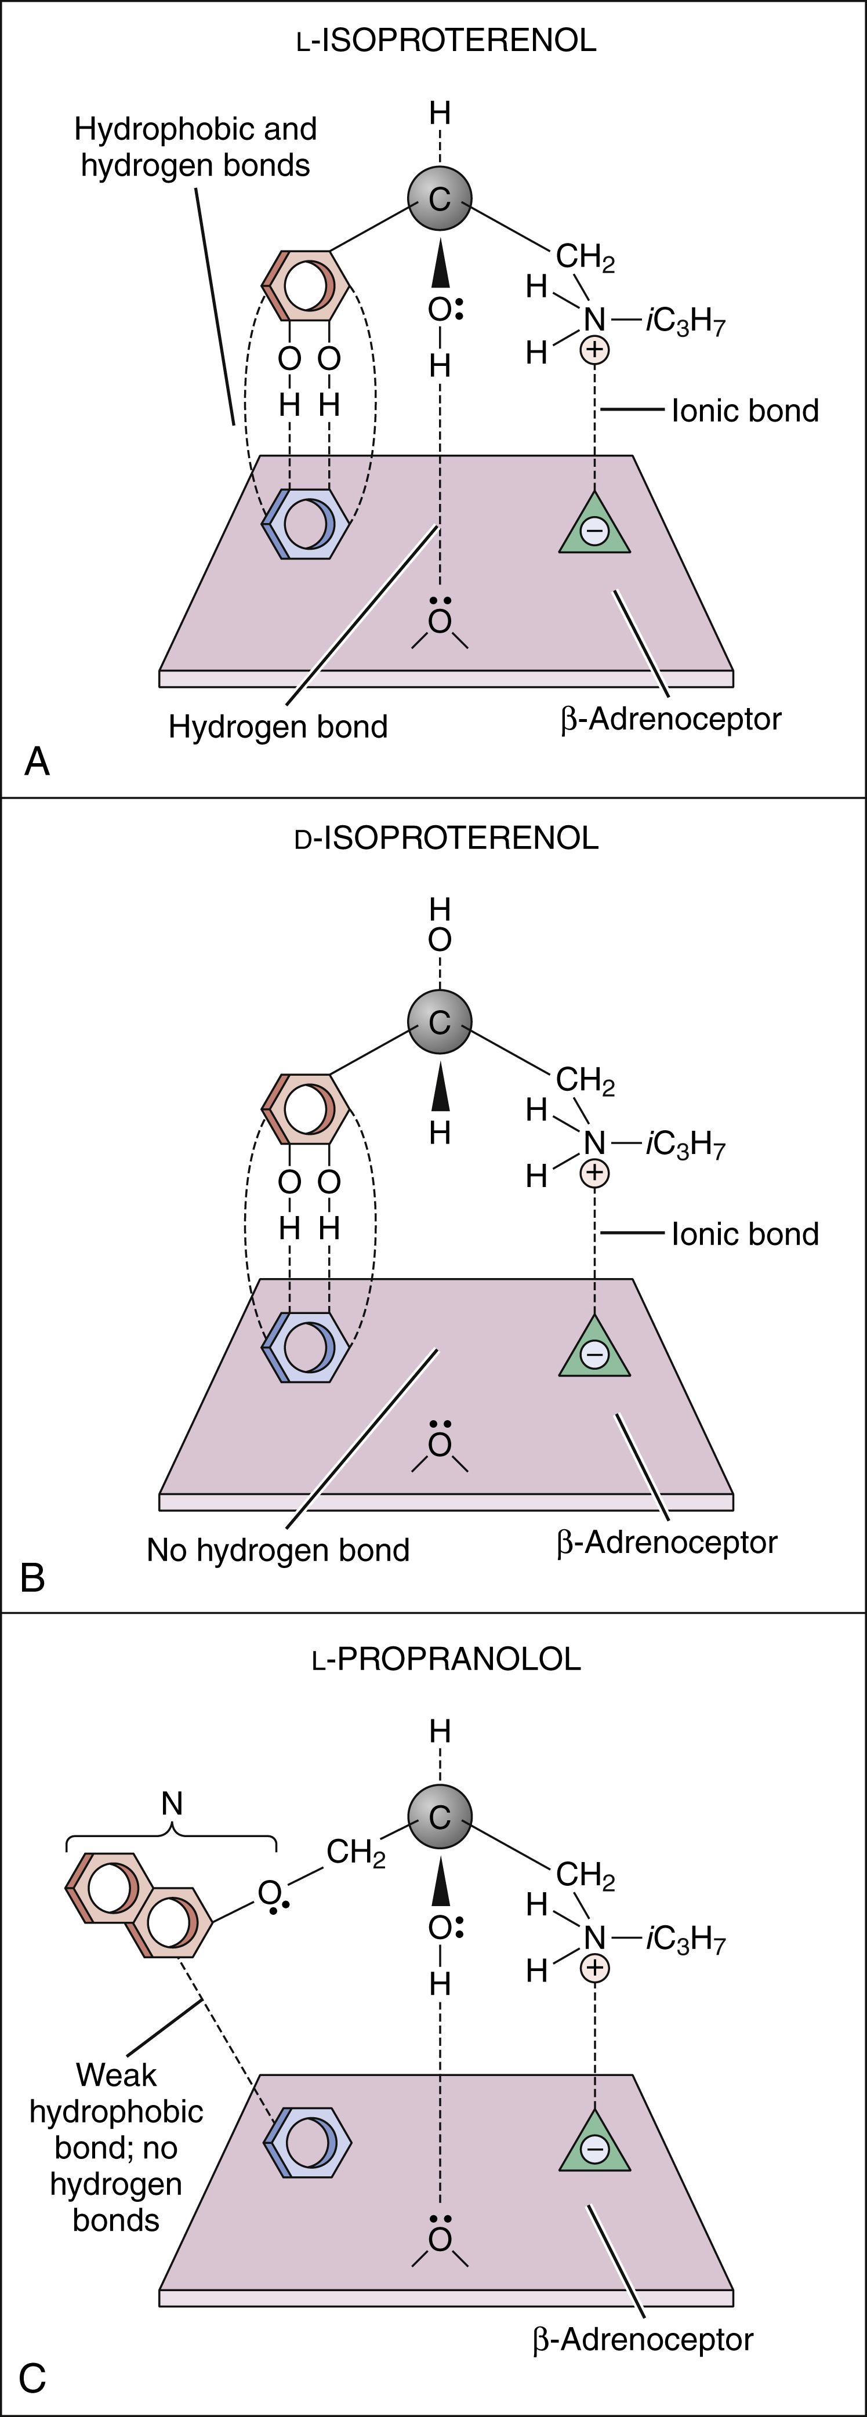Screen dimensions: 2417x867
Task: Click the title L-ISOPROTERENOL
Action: coord(446,41)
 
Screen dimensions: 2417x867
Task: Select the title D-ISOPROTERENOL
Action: coord(446,838)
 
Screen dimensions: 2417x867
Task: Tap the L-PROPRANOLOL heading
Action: coord(446,1659)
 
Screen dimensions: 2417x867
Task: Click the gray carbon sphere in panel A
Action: coord(439,198)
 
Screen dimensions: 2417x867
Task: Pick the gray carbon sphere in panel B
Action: coord(439,1022)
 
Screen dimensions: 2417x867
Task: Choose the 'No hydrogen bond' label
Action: coord(278,1550)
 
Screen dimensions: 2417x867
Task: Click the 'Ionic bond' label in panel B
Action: coord(745,1234)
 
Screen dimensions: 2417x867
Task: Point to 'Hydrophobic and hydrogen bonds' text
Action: coord(195,146)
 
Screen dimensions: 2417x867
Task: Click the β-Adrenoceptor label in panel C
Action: coord(643,2340)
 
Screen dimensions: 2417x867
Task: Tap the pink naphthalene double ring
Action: coord(139,1905)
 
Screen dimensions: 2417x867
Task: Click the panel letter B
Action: coord(33,1578)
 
